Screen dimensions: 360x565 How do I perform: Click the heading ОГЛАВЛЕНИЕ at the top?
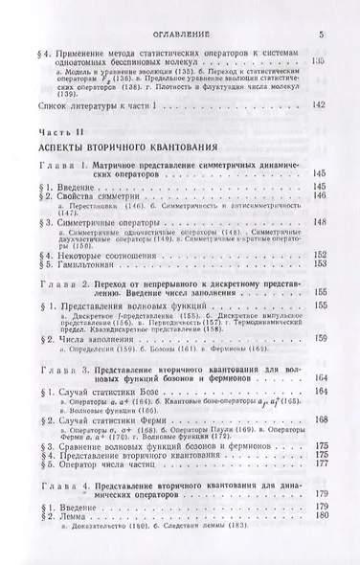coord(180,36)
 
